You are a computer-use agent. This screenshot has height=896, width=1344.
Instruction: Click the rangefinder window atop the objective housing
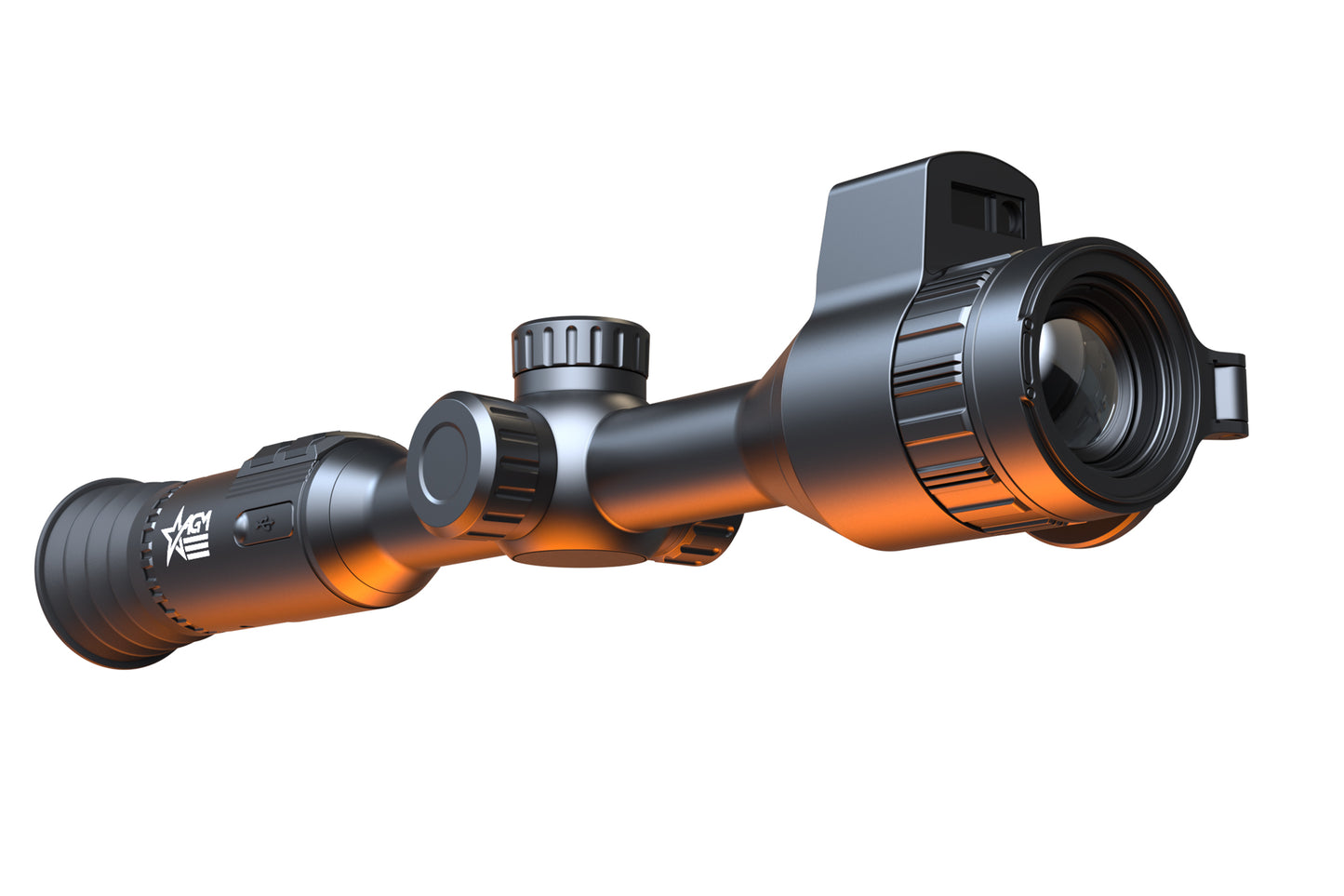(986, 209)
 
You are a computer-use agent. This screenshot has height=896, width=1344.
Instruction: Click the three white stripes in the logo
(198, 548)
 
